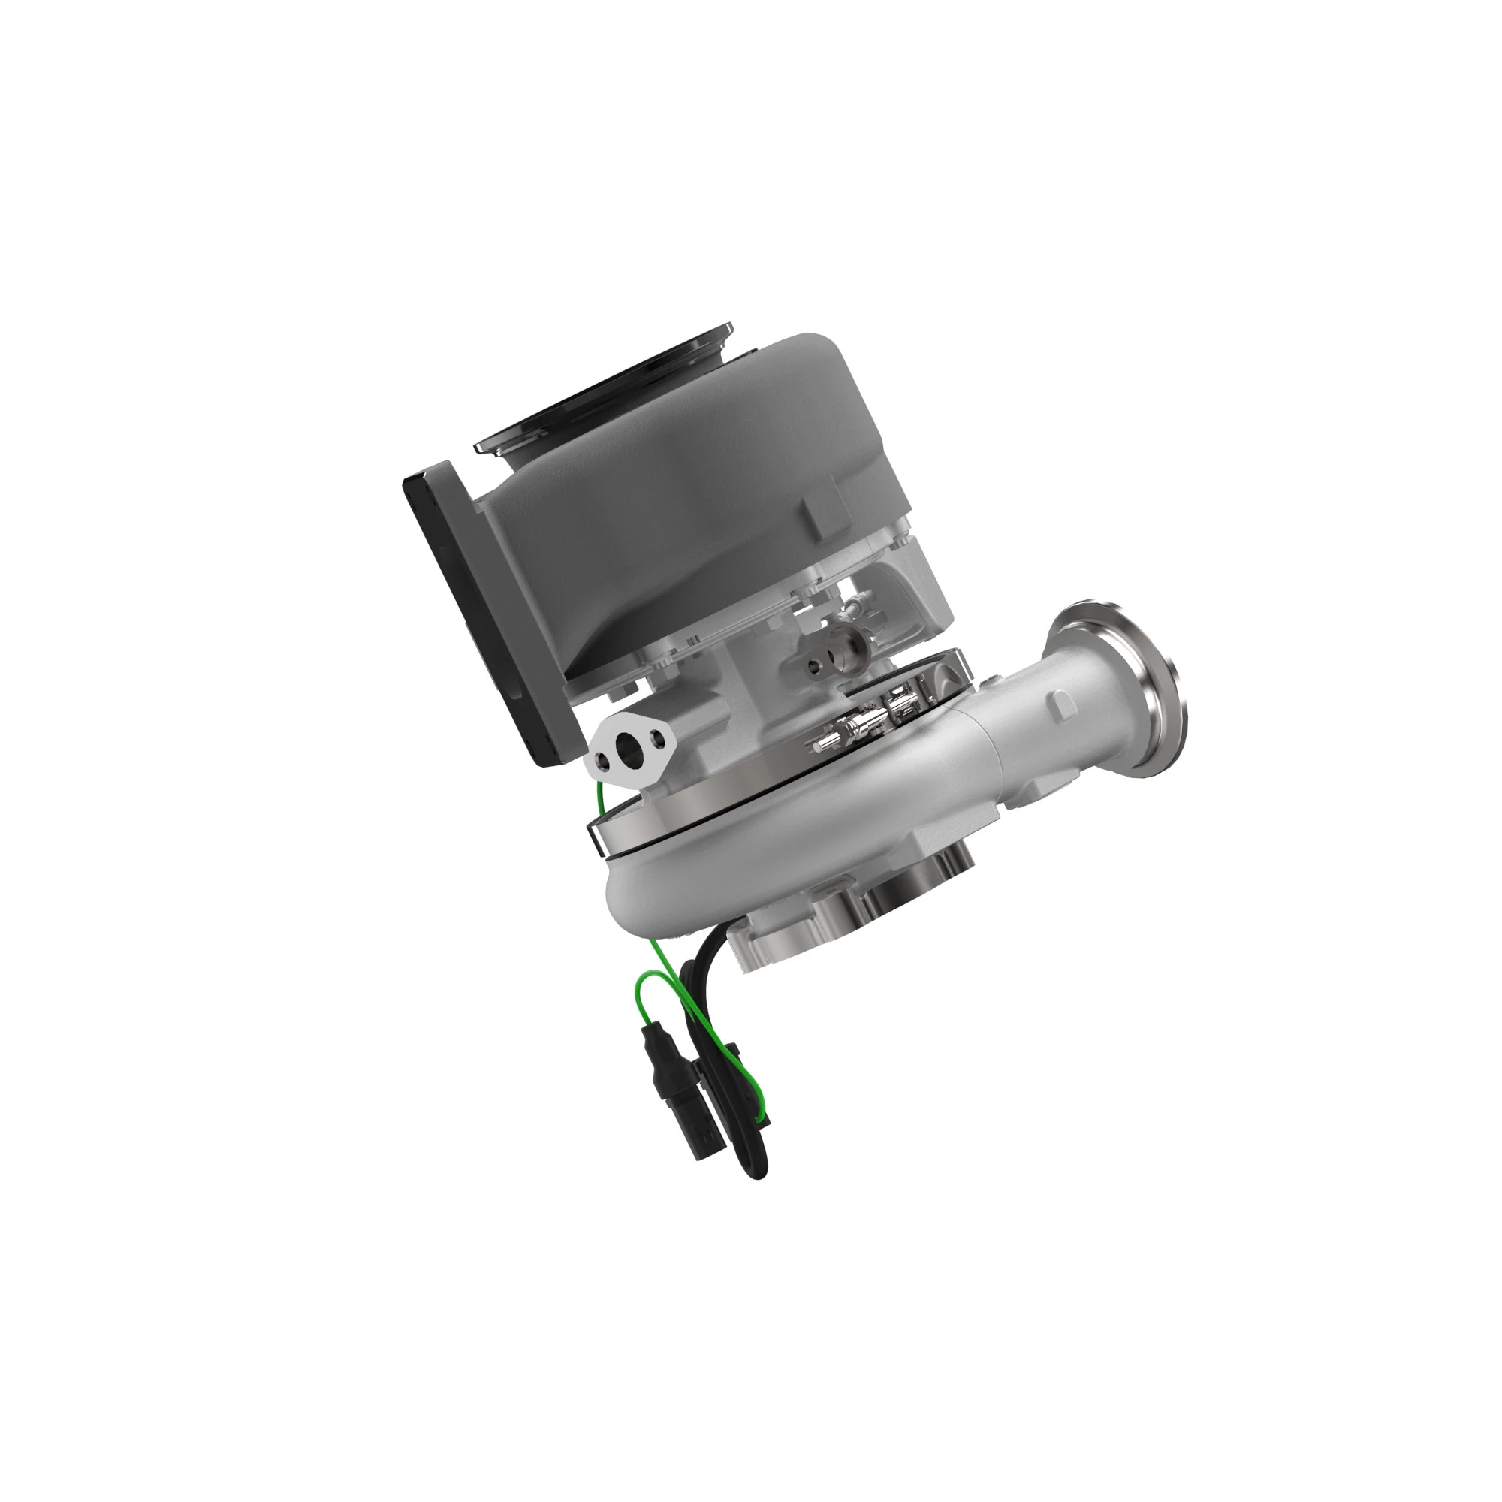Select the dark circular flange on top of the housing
(606, 389)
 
